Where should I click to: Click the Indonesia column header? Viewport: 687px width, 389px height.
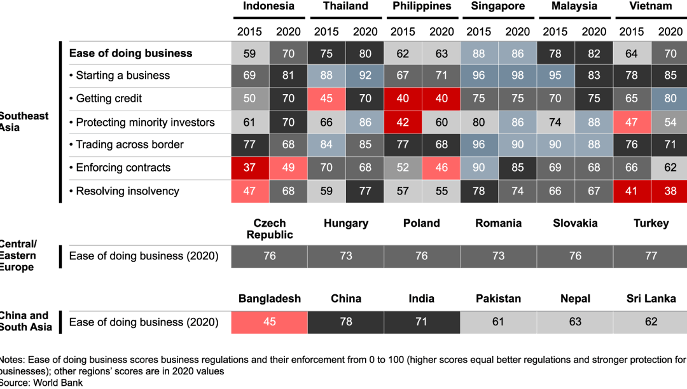pyautogui.click(x=268, y=6)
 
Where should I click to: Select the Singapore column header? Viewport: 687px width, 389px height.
pyautogui.click(x=498, y=6)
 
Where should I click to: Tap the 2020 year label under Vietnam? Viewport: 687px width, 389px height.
pyautogui.click(x=670, y=31)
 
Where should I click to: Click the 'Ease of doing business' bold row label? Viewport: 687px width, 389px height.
pyautogui.click(x=130, y=53)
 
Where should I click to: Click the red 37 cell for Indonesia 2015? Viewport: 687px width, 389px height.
pyautogui.click(x=249, y=168)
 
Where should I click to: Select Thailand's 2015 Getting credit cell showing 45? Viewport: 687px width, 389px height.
pyautogui.click(x=326, y=99)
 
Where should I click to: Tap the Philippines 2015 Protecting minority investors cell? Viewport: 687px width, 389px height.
pyautogui.click(x=403, y=122)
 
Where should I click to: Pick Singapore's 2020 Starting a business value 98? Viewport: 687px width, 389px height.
pyautogui.click(x=517, y=75)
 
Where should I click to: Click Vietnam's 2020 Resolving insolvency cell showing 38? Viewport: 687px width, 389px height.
pyautogui.click(x=670, y=191)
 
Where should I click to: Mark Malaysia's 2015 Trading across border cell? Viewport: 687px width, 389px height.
pyautogui.click(x=555, y=145)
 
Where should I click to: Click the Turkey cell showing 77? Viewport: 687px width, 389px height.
pyautogui.click(x=651, y=256)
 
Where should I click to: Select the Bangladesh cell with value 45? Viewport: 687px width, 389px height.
pyautogui.click(x=269, y=322)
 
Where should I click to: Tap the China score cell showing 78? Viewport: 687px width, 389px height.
pyautogui.click(x=345, y=322)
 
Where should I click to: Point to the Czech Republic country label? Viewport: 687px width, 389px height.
pyautogui.click(x=270, y=229)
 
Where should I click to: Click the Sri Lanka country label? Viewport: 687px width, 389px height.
pyautogui.click(x=651, y=299)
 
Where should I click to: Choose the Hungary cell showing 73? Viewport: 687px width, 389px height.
pyautogui.click(x=345, y=256)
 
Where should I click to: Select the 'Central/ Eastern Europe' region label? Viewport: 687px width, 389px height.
pyautogui.click(x=18, y=256)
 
